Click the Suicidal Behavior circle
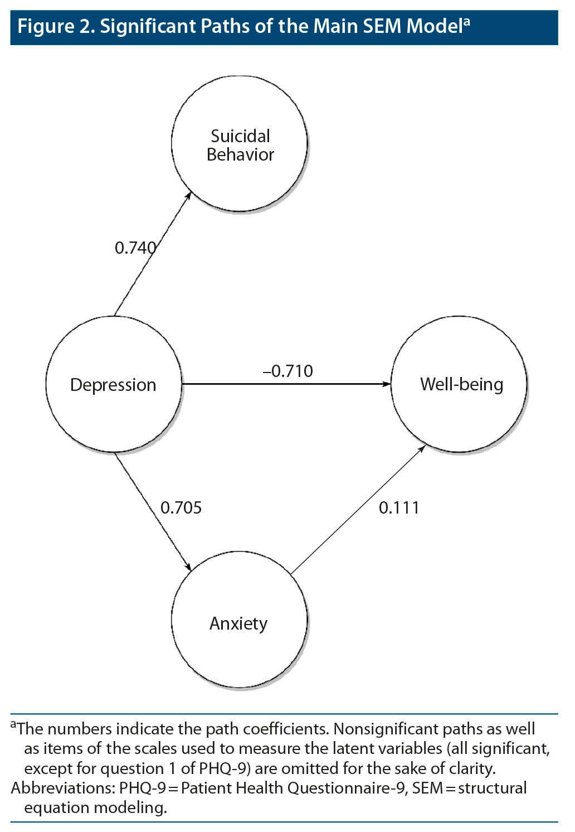point(240,144)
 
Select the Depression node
point(114,384)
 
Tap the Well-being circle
point(460,384)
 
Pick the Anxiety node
point(239,621)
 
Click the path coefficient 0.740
point(135,248)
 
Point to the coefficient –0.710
point(288,371)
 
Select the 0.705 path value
point(181,507)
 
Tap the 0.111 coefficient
point(399,507)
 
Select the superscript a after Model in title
point(467,22)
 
